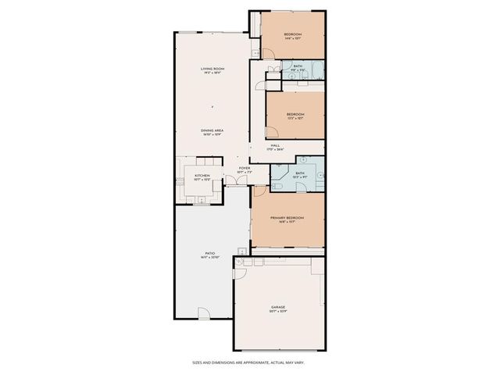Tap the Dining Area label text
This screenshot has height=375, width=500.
tap(212, 132)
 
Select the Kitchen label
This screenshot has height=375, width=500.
tap(202, 177)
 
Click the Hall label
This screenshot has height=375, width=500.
tap(276, 146)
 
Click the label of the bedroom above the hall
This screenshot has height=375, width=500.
tap(295, 116)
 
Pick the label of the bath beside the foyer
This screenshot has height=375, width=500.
tap(300, 175)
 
